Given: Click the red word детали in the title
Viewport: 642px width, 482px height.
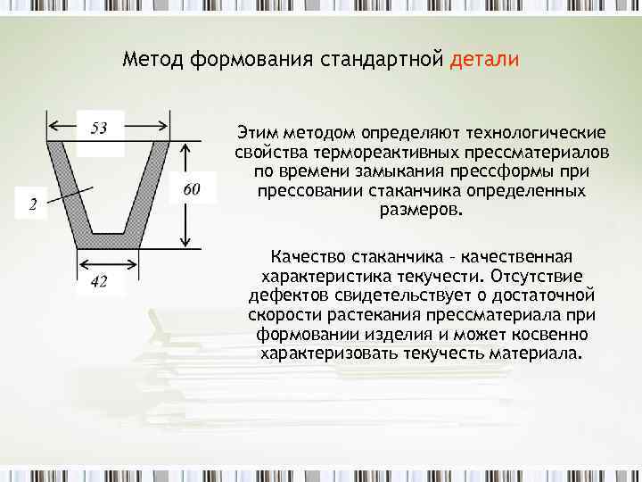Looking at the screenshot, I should click(484, 60).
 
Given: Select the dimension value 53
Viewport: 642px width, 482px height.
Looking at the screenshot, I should click(99, 129).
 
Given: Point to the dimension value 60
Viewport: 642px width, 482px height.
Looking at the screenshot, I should click(192, 188).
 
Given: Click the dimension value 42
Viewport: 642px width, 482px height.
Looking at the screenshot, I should click(100, 282).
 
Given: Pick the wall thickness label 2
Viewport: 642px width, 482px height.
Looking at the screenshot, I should click(32, 205).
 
